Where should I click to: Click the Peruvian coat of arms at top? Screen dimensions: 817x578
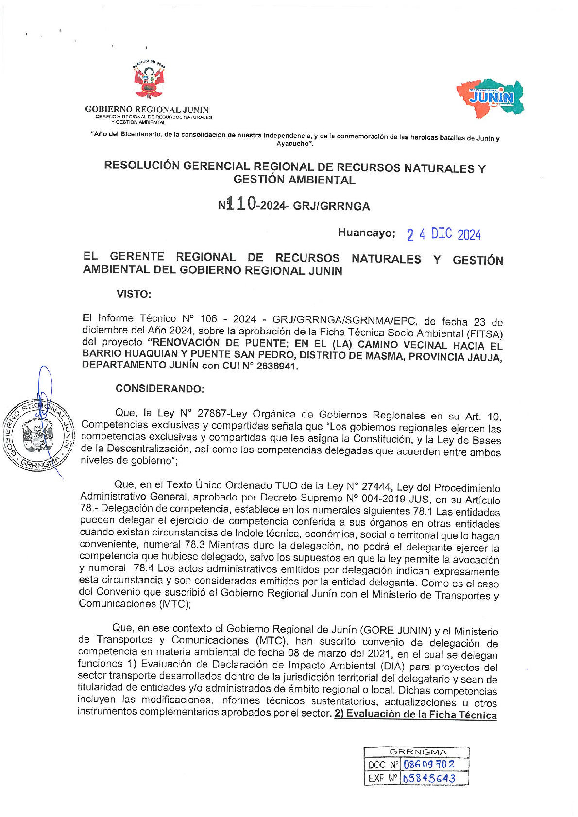(149, 80)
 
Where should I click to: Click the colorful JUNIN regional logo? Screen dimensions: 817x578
(491, 99)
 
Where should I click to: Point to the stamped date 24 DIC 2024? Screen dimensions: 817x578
(444, 235)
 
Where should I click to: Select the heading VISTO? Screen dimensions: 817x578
(134, 294)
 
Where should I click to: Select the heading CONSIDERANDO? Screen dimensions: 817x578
(160, 389)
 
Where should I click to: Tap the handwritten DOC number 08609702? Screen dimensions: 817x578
(429, 764)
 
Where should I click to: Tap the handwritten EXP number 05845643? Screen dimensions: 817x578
(429, 778)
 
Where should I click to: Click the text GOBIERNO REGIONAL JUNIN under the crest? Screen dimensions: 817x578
(147, 110)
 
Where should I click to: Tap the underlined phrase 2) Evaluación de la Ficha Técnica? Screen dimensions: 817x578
(415, 715)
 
